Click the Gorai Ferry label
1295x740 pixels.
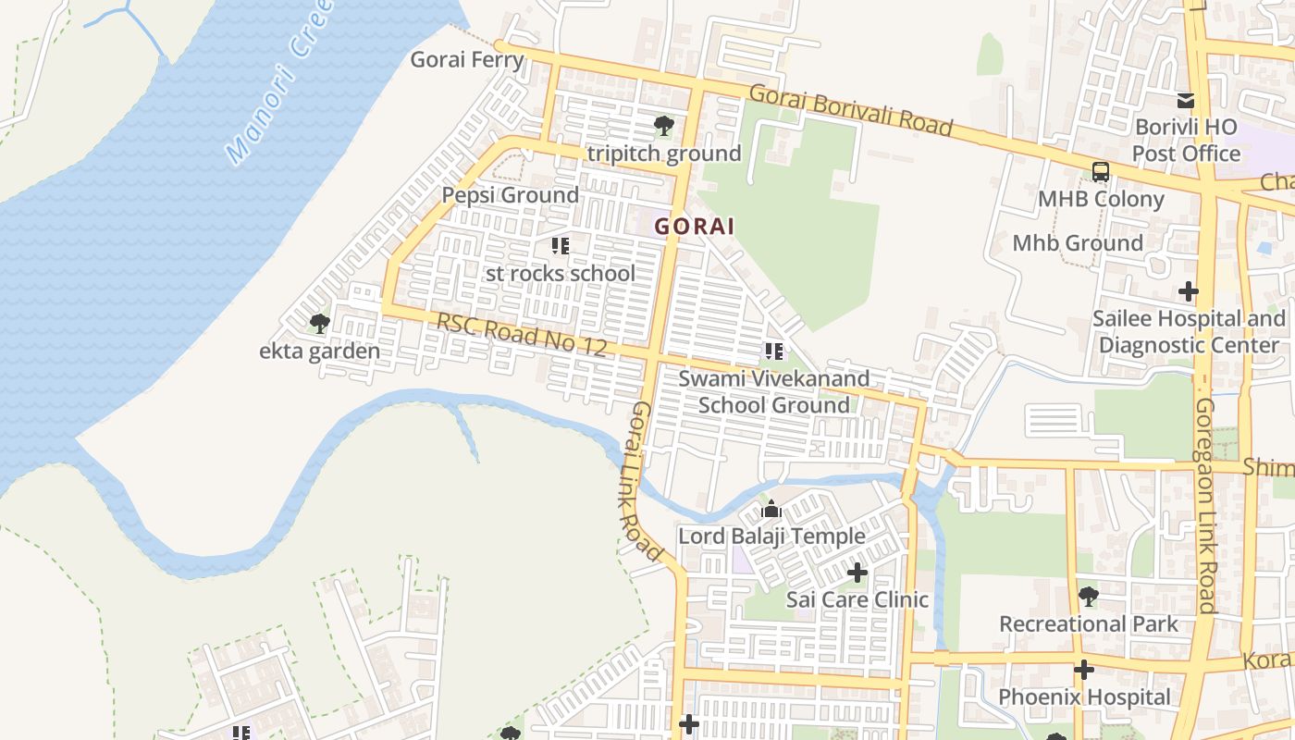[x=467, y=60]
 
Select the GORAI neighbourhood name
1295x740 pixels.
[x=695, y=226]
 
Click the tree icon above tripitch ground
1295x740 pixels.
[x=663, y=125]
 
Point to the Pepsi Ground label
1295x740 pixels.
[x=510, y=195]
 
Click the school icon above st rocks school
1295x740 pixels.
[x=561, y=246]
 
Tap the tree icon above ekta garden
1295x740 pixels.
[x=320, y=324]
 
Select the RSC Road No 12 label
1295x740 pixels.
[x=521, y=335]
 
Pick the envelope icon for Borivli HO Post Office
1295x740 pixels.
[x=1186, y=101]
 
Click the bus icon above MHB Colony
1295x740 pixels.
[x=1101, y=172]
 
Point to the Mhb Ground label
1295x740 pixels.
[x=1078, y=243]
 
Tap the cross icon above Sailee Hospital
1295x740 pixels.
[x=1189, y=292]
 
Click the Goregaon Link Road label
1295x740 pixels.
[x=1205, y=504]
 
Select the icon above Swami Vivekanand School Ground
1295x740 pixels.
[x=773, y=351]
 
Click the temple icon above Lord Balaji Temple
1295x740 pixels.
[x=771, y=510]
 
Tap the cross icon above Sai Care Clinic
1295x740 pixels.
[x=857, y=573]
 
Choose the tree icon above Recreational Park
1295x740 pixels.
[x=1089, y=597]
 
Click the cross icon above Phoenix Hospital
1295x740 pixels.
[x=1084, y=670]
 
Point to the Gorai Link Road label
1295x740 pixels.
[x=647, y=481]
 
